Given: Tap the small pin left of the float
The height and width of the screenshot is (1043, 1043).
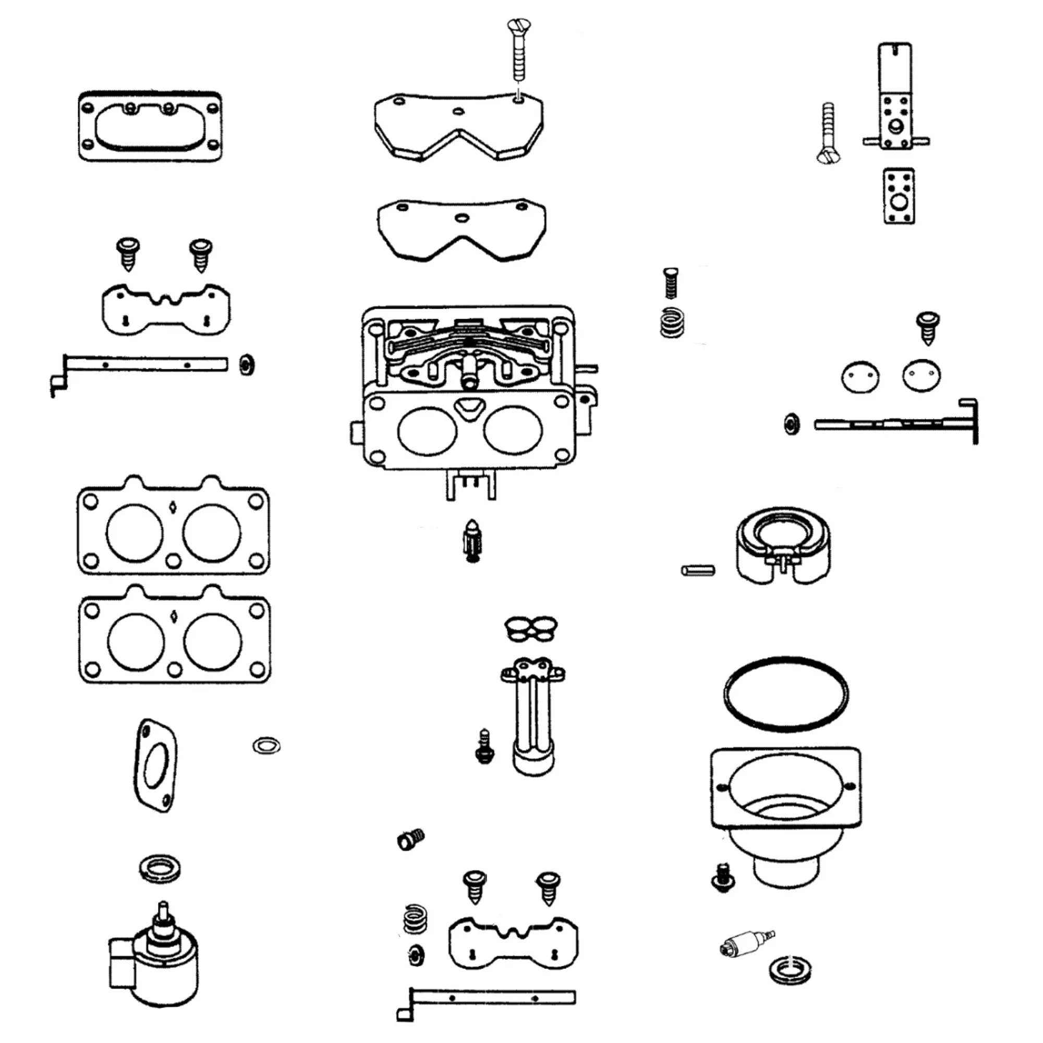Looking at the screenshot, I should tap(698, 569).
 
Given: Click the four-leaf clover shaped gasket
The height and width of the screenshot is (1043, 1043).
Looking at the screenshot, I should tap(531, 629).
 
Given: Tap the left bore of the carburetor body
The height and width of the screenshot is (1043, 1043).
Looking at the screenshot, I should tap(427, 430).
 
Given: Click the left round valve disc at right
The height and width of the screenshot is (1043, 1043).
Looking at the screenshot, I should tap(860, 377).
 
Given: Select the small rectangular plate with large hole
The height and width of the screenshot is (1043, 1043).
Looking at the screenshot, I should tap(899, 196).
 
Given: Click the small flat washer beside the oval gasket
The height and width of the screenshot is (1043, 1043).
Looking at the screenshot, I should tap(266, 746).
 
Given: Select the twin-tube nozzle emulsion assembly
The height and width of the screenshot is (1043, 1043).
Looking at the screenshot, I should tap(533, 715).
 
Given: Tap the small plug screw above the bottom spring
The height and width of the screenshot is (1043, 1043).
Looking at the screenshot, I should tap(411, 839).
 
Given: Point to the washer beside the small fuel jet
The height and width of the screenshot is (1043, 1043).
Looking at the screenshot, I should tap(790, 970).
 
